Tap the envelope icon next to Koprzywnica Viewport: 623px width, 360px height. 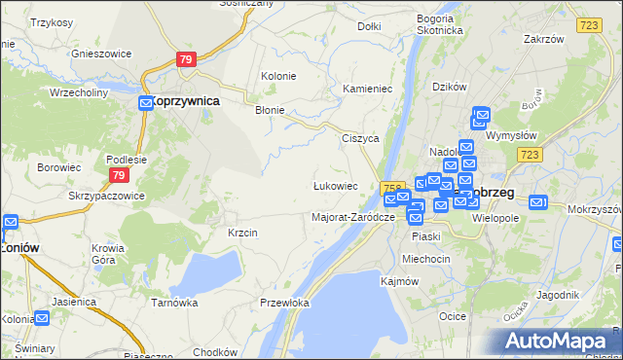[145, 101]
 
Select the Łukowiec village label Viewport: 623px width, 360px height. [335, 185]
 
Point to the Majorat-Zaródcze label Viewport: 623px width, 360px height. [352, 216]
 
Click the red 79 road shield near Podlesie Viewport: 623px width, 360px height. [118, 175]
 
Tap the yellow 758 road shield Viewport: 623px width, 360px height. [392, 187]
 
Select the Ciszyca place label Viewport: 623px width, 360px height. [359, 138]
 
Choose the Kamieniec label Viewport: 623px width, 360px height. [367, 89]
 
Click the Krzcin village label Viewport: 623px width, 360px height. [242, 233]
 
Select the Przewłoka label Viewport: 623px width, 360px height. [284, 303]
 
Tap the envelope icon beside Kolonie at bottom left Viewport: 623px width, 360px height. [42, 317]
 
